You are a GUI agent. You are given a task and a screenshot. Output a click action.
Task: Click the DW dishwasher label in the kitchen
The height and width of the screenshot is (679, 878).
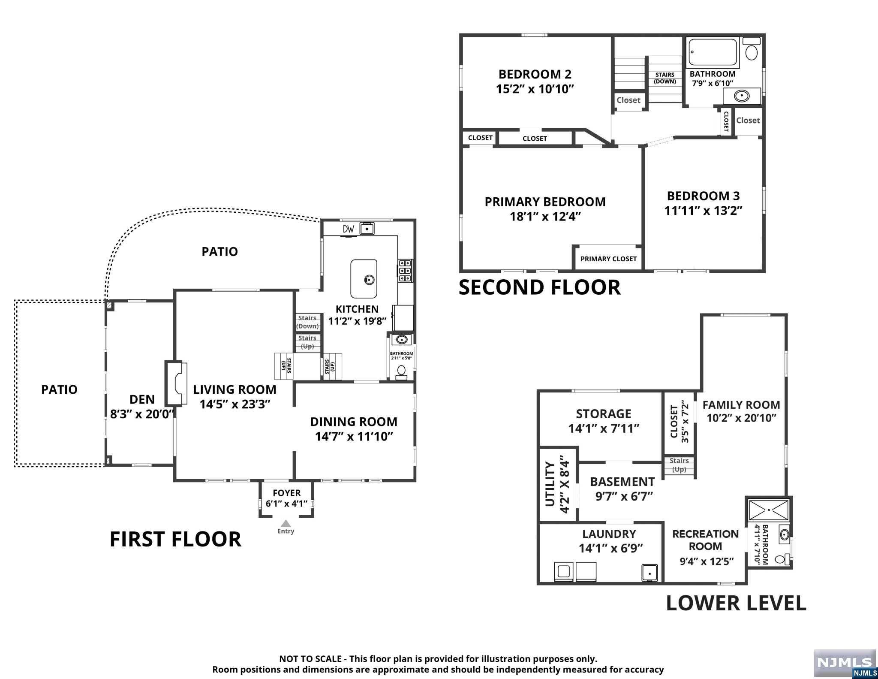coord(349,229)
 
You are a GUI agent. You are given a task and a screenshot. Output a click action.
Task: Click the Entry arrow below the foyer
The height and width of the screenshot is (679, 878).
coord(286,523)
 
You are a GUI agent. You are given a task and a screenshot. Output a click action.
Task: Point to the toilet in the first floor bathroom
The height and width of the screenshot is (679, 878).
coord(402,372)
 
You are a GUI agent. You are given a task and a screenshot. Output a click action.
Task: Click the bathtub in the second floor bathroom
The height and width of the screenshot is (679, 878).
coord(713,53)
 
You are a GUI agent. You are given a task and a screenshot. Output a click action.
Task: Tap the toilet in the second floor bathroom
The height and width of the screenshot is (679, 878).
coord(751,49)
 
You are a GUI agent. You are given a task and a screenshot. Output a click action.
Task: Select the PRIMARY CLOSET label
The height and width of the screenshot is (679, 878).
coord(608,259)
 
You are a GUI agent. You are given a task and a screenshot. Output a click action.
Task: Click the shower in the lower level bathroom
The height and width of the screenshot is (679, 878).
coord(769,510)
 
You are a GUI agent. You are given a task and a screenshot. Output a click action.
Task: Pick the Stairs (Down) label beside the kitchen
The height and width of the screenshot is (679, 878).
coord(307,322)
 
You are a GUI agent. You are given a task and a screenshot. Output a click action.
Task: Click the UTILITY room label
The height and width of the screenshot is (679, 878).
coord(550,484)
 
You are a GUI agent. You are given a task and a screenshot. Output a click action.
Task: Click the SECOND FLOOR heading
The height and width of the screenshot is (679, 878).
coord(540,287)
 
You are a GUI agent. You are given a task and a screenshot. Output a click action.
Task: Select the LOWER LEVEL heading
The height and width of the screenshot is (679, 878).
coord(736,603)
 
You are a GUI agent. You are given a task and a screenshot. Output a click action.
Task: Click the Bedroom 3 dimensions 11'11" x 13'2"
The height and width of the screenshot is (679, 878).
coord(703,211)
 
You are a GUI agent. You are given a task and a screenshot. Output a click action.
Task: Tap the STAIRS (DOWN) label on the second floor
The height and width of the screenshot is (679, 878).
coord(665,78)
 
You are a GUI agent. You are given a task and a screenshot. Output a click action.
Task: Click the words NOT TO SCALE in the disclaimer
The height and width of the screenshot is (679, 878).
coord(310,659)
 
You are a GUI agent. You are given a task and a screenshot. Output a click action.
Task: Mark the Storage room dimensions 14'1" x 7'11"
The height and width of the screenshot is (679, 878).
coord(604,429)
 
